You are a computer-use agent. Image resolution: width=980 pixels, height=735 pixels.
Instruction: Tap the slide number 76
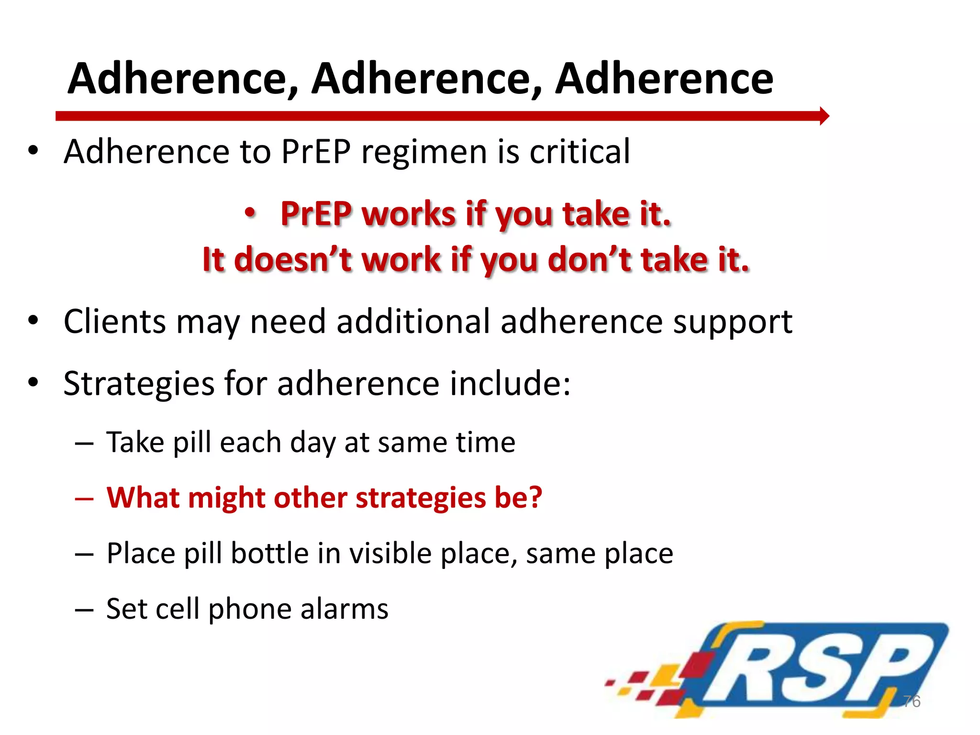[912, 701]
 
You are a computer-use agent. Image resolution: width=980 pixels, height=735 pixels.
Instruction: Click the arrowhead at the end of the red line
[824, 116]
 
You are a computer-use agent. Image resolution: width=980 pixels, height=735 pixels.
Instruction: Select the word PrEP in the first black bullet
[316, 152]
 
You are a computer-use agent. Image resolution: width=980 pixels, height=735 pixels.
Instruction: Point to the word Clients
[115, 321]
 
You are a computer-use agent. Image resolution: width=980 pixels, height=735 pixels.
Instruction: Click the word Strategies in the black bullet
[139, 384]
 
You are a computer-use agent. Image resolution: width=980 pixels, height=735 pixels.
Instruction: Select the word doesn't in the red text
[292, 260]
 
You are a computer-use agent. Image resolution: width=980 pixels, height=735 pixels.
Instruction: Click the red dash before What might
[84, 498]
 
